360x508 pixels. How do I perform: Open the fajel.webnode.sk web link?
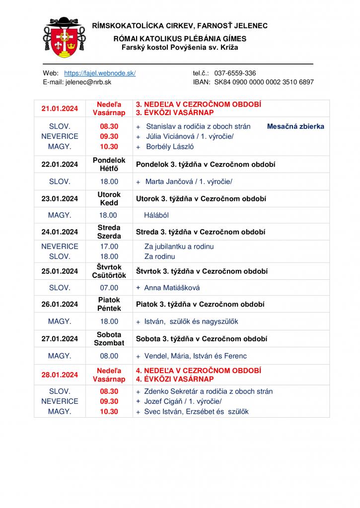point(100,73)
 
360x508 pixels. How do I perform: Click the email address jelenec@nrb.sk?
point(87,82)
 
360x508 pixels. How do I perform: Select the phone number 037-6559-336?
point(235,73)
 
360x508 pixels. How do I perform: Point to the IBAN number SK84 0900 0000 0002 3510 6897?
point(264,82)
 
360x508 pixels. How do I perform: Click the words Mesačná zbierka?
point(295,127)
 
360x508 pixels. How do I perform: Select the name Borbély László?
point(170,147)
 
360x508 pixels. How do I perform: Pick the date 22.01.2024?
point(60,164)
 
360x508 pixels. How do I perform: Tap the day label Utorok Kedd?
point(109,199)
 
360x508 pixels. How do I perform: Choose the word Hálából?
point(157,215)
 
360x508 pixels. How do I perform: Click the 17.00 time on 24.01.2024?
point(109,247)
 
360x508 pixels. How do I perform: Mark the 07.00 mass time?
point(109,288)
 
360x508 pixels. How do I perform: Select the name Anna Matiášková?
point(172,288)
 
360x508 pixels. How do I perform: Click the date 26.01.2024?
point(60,305)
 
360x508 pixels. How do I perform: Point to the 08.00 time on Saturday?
point(109,356)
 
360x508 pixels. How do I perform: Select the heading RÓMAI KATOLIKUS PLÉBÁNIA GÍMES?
point(179,39)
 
